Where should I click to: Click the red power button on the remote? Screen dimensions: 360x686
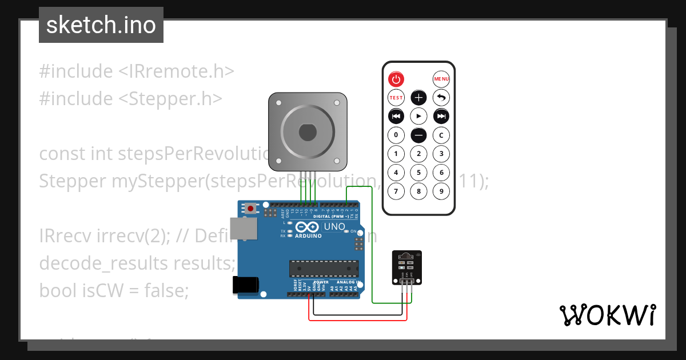(x=396, y=79)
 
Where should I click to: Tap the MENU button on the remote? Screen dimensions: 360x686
(x=441, y=79)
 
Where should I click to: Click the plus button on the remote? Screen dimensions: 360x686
(x=419, y=97)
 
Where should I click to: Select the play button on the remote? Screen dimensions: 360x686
(x=419, y=116)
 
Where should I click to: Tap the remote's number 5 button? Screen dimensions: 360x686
(x=419, y=172)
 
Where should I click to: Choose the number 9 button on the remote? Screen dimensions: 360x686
(x=441, y=191)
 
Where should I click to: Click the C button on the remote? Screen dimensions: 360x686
(x=441, y=135)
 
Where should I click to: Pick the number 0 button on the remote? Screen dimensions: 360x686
(x=396, y=135)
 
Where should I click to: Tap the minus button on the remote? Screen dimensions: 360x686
(x=419, y=135)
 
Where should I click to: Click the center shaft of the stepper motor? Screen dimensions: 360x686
(x=308, y=132)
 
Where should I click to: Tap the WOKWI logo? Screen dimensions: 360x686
(x=607, y=315)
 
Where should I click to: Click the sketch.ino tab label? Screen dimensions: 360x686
(x=101, y=25)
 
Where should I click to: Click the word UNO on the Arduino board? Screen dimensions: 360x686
(x=334, y=227)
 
